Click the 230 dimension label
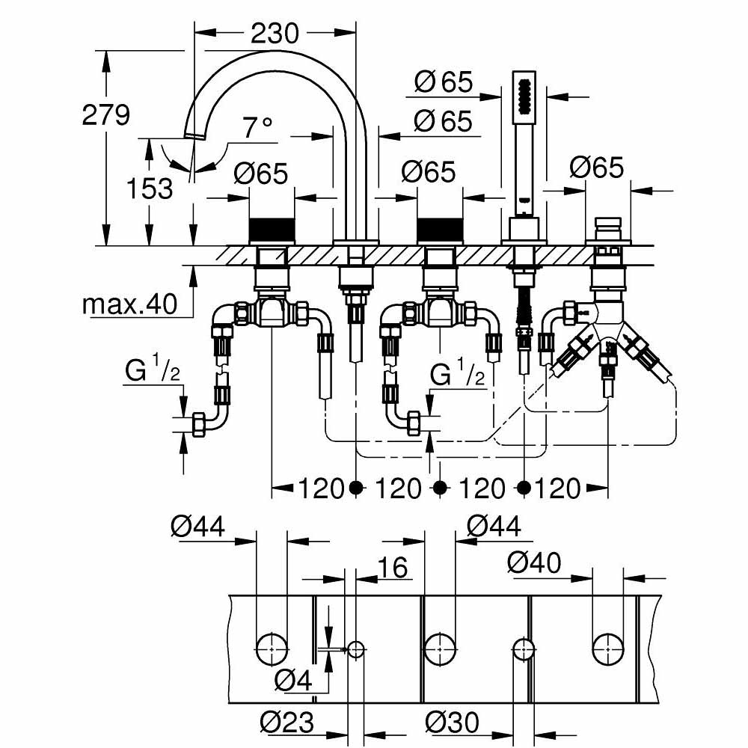coord(274,33)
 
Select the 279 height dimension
coord(106,114)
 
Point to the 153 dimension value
coord(150,188)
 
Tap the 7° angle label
coord(258,129)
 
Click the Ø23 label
coord(287,723)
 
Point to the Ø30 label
coord(453,723)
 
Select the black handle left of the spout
coord(272,230)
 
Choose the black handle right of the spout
coord(440,230)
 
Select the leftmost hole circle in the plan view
coord(272,646)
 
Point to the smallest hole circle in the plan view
coord(355,649)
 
